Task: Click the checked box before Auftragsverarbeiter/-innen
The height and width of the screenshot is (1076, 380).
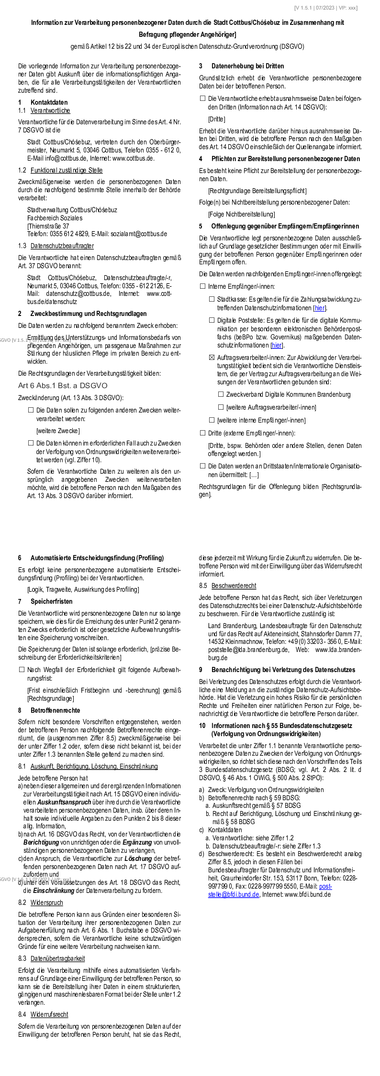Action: [x=212, y=358]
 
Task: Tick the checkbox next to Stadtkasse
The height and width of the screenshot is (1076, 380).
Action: [x=212, y=299]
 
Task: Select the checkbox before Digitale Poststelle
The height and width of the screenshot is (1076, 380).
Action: [x=212, y=320]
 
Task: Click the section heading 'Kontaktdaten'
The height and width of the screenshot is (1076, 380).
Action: [x=49, y=102]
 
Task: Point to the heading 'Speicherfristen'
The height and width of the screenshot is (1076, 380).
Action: [x=51, y=601]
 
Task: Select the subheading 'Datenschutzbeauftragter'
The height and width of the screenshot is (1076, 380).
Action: [x=62, y=246]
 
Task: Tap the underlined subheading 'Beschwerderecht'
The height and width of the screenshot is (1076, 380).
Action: [x=234, y=586]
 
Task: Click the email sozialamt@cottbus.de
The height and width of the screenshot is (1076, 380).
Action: [x=139, y=234]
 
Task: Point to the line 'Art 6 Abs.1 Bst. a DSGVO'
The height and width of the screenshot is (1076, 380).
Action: [x=63, y=385]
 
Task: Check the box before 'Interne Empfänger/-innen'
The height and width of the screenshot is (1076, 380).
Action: [x=202, y=286]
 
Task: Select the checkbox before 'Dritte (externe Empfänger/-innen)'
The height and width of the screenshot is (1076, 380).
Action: [x=202, y=433]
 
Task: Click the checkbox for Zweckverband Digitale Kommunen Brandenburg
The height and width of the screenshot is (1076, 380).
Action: [x=221, y=394]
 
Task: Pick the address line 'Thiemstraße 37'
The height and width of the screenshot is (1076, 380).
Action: [x=49, y=226]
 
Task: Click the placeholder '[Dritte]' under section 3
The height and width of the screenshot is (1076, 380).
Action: [x=216, y=119]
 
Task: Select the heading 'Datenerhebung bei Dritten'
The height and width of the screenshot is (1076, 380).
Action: [x=247, y=66]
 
